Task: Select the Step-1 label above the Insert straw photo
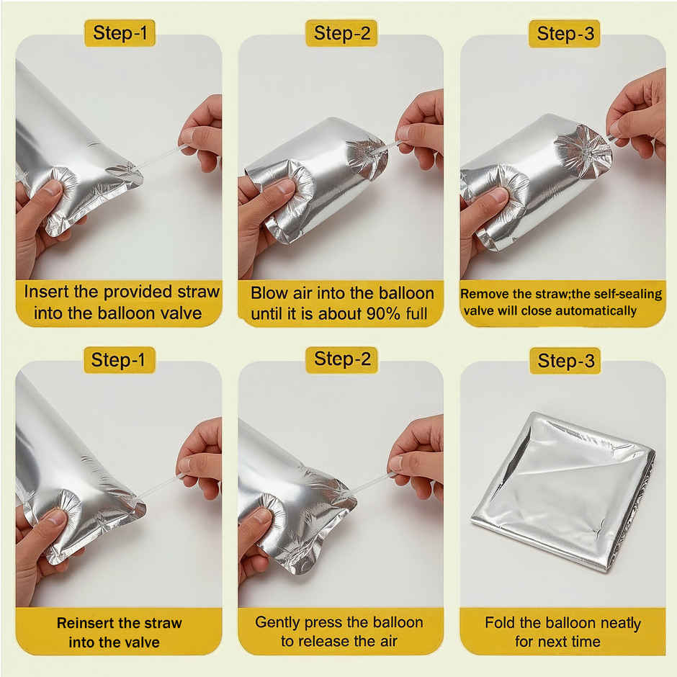[120, 33]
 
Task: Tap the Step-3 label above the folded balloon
[565, 361]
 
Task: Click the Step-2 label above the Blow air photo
[341, 33]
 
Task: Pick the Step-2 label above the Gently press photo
[341, 359]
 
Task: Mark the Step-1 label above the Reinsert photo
[118, 359]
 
